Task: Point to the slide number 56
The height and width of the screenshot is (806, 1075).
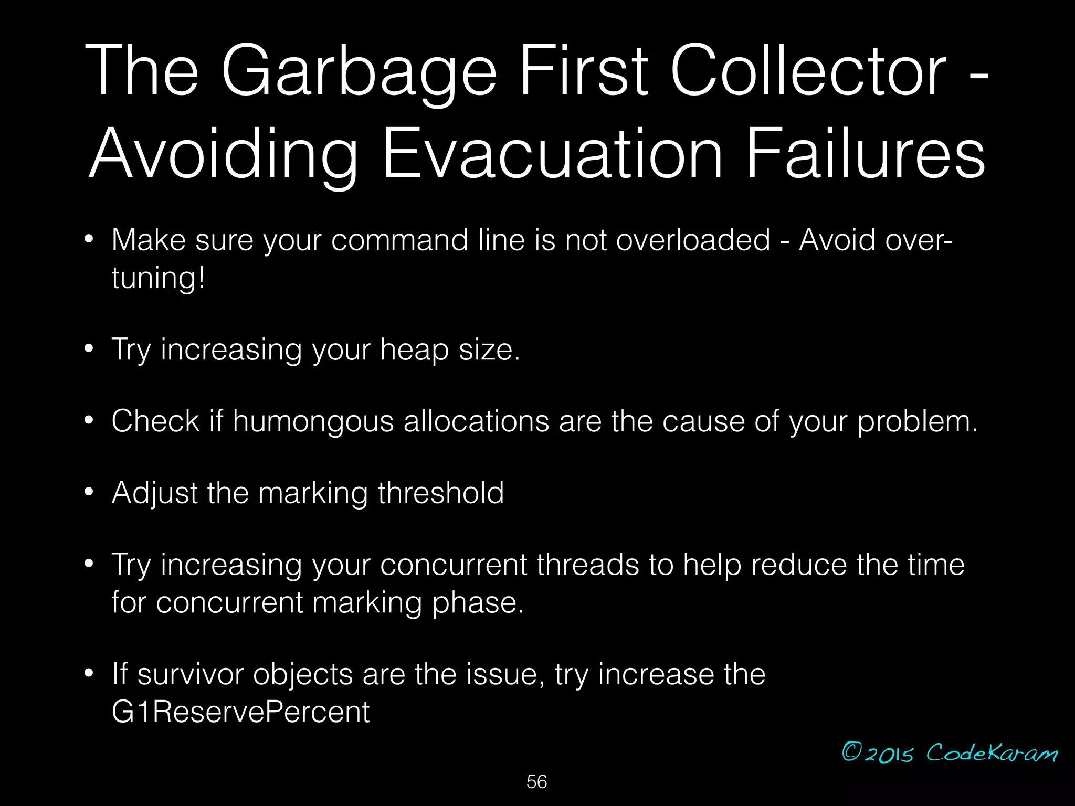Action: click(536, 782)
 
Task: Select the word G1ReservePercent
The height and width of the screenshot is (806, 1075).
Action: click(240, 712)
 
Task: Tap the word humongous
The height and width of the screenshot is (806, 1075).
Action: click(313, 422)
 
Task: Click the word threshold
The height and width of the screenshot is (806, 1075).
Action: click(440, 493)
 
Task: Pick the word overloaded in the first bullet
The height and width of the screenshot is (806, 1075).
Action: click(693, 240)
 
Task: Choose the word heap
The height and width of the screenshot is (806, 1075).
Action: click(414, 349)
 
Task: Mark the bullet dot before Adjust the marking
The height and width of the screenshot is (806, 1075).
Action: click(89, 492)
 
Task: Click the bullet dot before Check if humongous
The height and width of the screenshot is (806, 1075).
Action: click(89, 420)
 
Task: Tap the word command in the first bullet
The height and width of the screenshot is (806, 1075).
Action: click(399, 240)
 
